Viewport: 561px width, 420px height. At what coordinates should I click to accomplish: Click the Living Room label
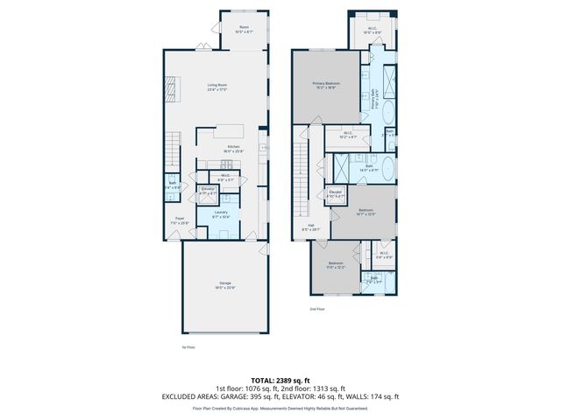(217, 87)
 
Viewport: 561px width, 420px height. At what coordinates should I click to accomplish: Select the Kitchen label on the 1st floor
(233, 148)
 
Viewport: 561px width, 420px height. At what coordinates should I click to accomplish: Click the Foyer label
(179, 220)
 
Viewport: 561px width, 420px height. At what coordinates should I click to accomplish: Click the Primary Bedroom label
(326, 84)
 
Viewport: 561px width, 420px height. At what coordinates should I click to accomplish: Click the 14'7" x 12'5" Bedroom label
(365, 211)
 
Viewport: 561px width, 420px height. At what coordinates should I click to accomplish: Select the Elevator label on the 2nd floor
(335, 193)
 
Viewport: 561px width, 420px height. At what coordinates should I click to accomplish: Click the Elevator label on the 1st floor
(208, 190)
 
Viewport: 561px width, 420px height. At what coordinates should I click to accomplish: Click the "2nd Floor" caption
(317, 309)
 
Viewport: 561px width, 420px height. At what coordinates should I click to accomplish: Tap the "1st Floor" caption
(187, 347)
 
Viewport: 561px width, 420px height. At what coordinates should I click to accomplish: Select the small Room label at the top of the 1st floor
(244, 29)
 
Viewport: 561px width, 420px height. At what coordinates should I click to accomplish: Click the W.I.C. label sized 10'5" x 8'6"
(372, 29)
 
